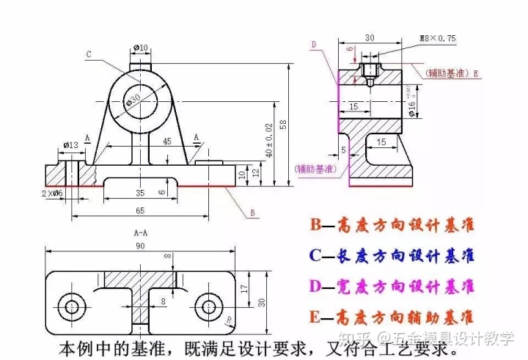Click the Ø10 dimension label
point(140,48)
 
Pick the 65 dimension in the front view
point(139,210)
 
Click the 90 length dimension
point(139,246)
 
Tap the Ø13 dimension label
point(71,144)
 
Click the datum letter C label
point(88,54)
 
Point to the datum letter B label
point(252,213)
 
